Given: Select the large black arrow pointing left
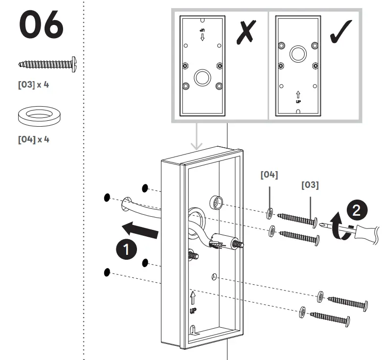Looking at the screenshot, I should (140, 229).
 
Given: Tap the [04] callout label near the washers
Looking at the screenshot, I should (269, 175).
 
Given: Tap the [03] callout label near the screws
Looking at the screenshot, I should (309, 185).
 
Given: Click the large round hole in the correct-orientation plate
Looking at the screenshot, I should (298, 53).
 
